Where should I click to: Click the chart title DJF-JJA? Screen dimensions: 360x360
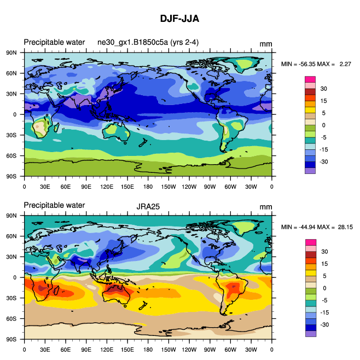click(x=179, y=19)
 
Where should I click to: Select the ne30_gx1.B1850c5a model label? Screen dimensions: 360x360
click(x=152, y=43)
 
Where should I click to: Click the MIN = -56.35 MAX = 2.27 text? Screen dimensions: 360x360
click(x=316, y=65)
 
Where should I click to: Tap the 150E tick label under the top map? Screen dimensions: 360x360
click(x=127, y=187)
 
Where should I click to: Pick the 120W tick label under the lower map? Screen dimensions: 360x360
click(x=189, y=349)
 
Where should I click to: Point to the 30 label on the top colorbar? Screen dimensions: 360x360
click(x=323, y=89)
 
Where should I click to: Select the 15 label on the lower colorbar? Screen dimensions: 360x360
click(x=323, y=263)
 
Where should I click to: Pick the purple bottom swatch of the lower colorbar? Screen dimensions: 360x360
click(x=310, y=333)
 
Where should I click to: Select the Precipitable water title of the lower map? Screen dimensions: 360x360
click(x=54, y=205)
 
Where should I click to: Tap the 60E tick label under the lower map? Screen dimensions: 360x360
click(x=66, y=349)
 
